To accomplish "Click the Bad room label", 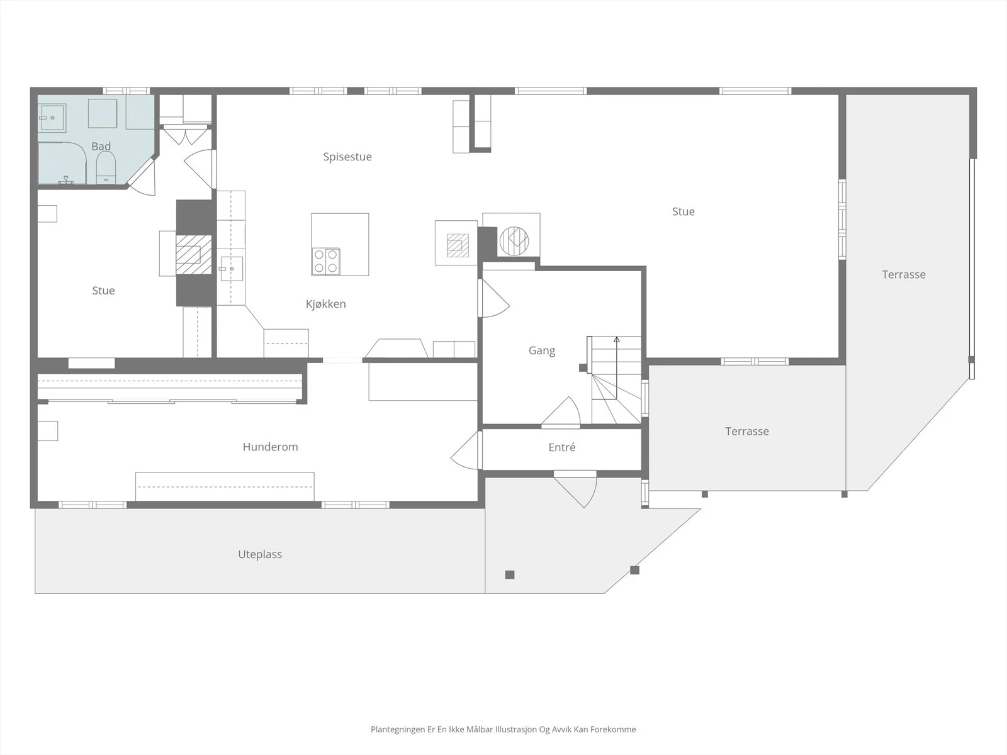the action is click(101, 146).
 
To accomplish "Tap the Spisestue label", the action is click(347, 157).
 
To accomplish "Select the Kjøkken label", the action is click(326, 304).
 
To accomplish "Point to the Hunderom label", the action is click(270, 447).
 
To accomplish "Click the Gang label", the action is click(542, 350).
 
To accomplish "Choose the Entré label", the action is click(562, 447).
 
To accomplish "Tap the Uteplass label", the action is click(260, 555).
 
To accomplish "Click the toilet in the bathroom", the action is click(106, 168).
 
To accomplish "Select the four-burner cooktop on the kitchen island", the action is click(326, 261).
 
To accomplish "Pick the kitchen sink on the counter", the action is click(231, 269).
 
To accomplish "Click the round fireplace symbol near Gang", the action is click(514, 241).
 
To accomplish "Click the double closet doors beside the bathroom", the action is click(186, 137).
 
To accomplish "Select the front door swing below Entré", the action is click(575, 490).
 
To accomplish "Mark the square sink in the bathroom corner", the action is click(52, 118).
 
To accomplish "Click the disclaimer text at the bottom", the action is click(503, 729).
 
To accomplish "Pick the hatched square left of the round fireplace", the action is click(458, 245).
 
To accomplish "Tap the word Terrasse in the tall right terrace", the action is click(904, 274).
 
